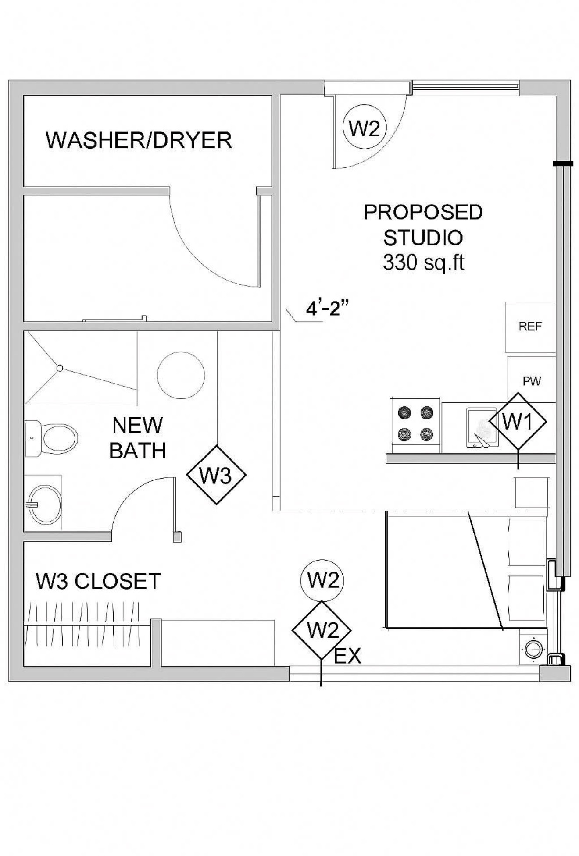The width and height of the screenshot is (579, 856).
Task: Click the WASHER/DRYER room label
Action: click(x=139, y=140)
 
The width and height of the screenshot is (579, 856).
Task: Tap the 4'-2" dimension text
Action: click(x=327, y=309)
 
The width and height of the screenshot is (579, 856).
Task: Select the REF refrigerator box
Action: click(x=530, y=327)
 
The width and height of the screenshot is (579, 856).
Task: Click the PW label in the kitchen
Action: click(x=532, y=381)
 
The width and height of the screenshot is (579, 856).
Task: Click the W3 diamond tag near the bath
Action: click(x=216, y=475)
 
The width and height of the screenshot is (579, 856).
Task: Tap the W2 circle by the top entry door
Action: click(x=364, y=128)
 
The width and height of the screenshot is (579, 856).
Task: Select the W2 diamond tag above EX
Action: click(x=322, y=631)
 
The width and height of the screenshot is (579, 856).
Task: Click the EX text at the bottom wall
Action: click(x=347, y=656)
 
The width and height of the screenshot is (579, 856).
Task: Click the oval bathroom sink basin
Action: click(x=44, y=504)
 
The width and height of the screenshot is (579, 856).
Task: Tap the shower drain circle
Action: click(x=60, y=368)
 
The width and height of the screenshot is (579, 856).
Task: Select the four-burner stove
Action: click(x=415, y=424)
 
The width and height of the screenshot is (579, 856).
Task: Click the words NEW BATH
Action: click(x=137, y=438)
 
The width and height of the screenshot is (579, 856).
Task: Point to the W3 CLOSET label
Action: click(x=98, y=581)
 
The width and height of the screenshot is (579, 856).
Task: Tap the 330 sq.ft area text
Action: click(x=423, y=263)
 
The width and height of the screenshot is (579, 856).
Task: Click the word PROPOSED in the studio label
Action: click(x=423, y=212)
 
